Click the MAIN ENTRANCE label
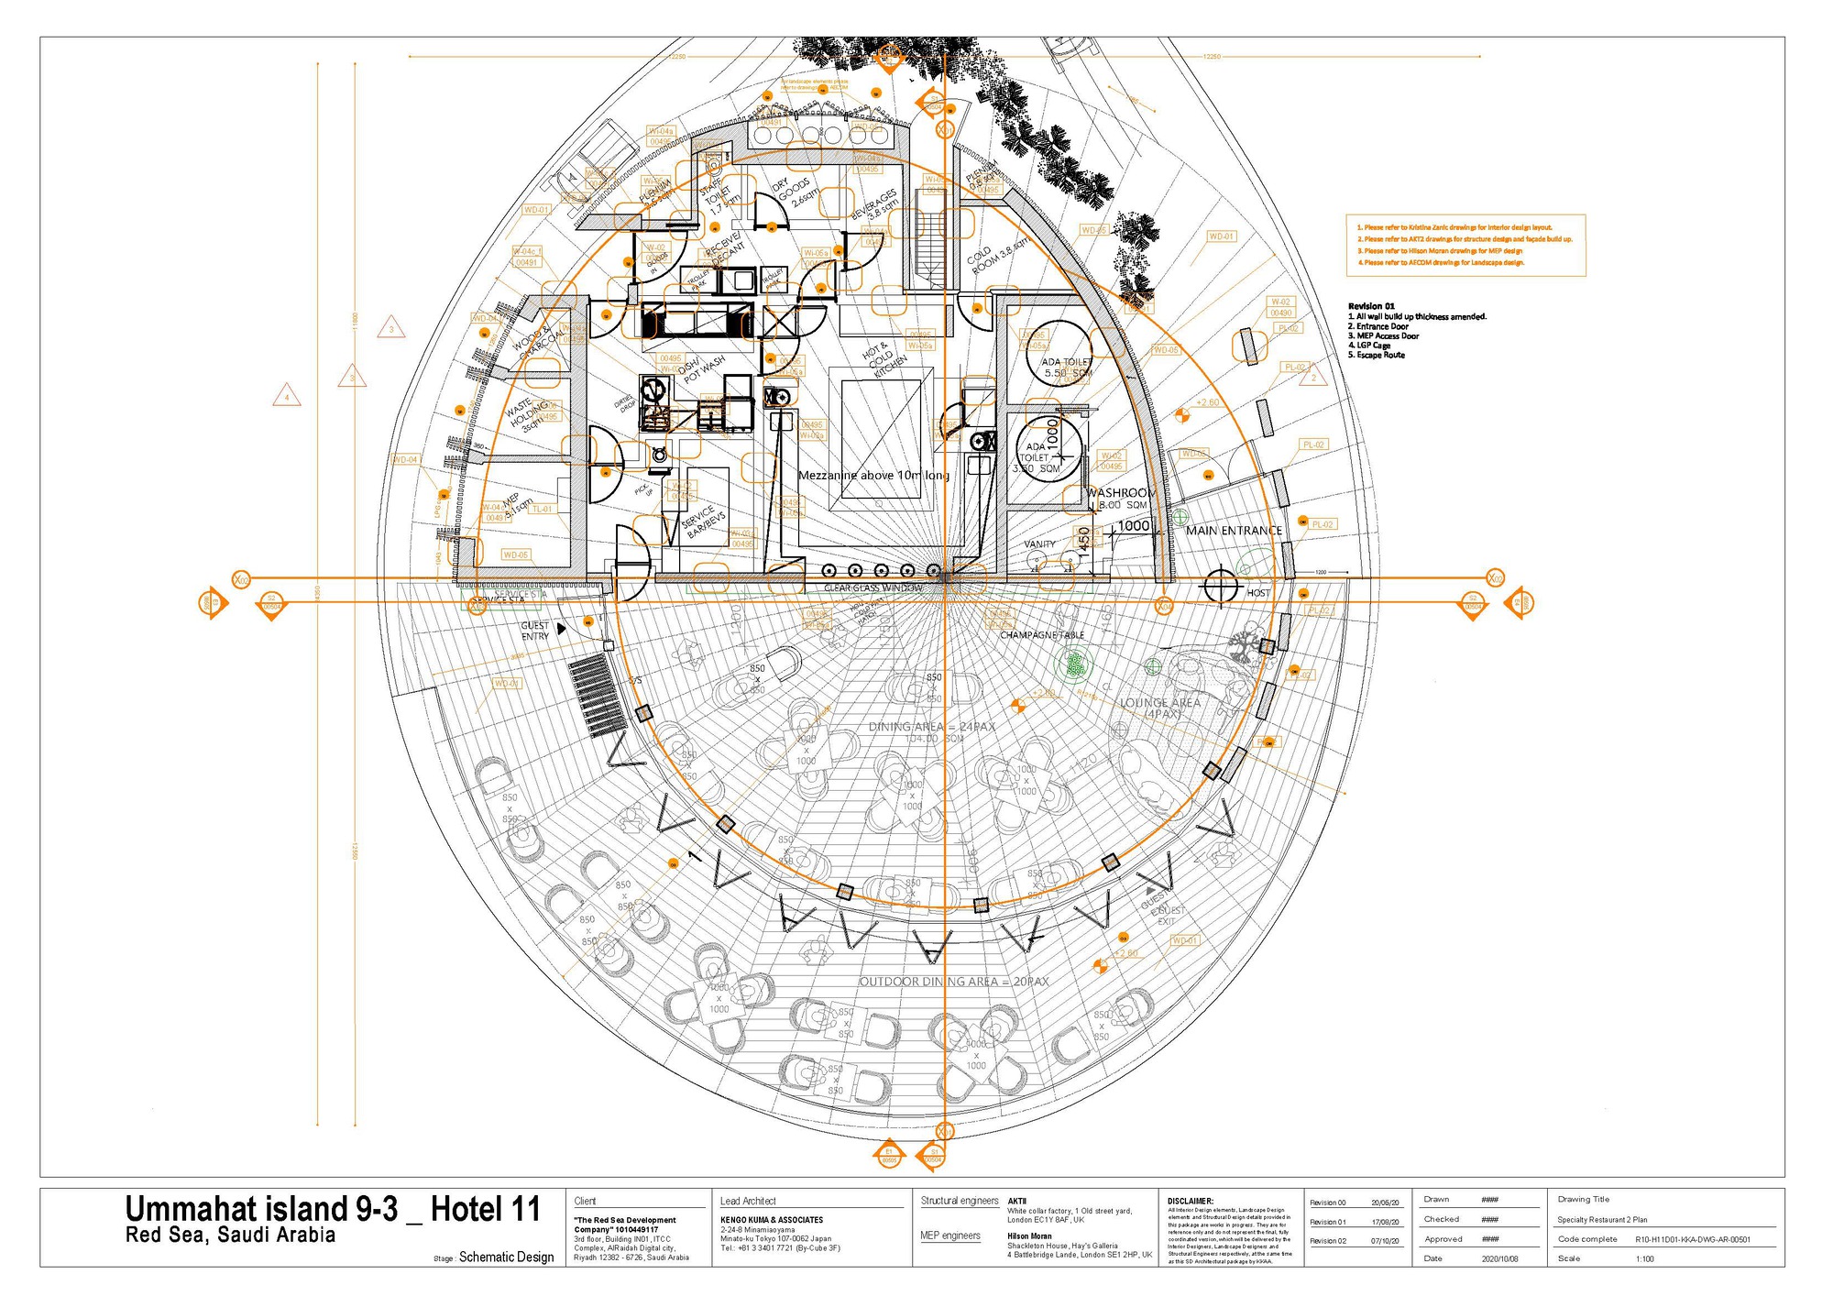1234,531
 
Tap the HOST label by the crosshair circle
1258,593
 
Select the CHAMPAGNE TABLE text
1042,635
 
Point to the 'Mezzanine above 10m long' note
873,476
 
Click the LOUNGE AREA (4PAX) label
1160,708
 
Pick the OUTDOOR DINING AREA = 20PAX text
953,982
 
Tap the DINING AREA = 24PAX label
932,727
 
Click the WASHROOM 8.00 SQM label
1120,499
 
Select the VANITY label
1039,544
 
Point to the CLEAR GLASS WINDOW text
873,588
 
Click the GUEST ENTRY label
535,631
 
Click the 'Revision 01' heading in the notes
1371,306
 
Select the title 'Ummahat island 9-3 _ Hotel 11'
333,1209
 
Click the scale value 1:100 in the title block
1645,1258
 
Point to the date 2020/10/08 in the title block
1499,1258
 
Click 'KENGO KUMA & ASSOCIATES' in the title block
772,1220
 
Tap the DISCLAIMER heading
1191,1201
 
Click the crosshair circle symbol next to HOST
1221,585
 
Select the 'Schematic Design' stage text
506,1257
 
